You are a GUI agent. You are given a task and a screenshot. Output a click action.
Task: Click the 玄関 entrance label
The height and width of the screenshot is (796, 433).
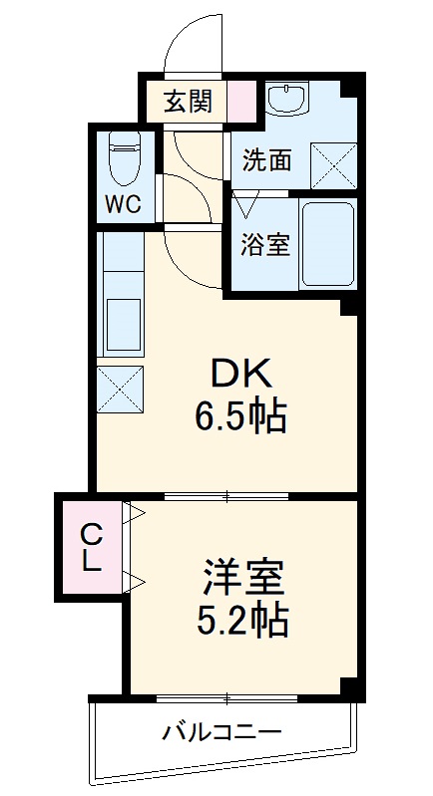pyautogui.click(x=187, y=103)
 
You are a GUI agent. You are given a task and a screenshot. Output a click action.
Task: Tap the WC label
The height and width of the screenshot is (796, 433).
pyautogui.click(x=123, y=204)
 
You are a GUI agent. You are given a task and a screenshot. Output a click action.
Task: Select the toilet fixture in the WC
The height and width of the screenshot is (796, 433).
pyautogui.click(x=125, y=158)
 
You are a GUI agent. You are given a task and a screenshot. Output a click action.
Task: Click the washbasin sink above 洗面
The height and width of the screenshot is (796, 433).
pyautogui.click(x=286, y=100)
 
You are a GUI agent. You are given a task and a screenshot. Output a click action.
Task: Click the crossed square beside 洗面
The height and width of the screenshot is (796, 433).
pyautogui.click(x=334, y=166)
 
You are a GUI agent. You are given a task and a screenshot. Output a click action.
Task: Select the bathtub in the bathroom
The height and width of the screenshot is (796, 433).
pyautogui.click(x=327, y=244)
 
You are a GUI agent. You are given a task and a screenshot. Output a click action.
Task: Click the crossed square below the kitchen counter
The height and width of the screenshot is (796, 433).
pyautogui.click(x=120, y=389)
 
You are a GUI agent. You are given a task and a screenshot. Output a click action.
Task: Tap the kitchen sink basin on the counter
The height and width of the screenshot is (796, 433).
pyautogui.click(x=124, y=325)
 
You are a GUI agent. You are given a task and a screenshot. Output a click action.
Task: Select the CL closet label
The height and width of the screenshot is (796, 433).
pyautogui.click(x=92, y=547)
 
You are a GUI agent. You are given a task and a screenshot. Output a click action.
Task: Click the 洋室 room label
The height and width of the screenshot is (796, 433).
pyautogui.click(x=243, y=578)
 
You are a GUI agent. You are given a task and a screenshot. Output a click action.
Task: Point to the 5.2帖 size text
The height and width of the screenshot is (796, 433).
pyautogui.click(x=242, y=619)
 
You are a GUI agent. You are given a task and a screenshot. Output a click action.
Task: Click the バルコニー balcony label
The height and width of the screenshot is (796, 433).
pyautogui.click(x=221, y=732)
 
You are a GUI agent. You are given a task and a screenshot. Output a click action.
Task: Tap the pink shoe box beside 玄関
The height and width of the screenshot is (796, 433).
pyautogui.click(x=241, y=101)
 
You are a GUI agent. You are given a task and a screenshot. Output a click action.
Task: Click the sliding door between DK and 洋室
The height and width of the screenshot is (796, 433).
pyautogui.click(x=226, y=495)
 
